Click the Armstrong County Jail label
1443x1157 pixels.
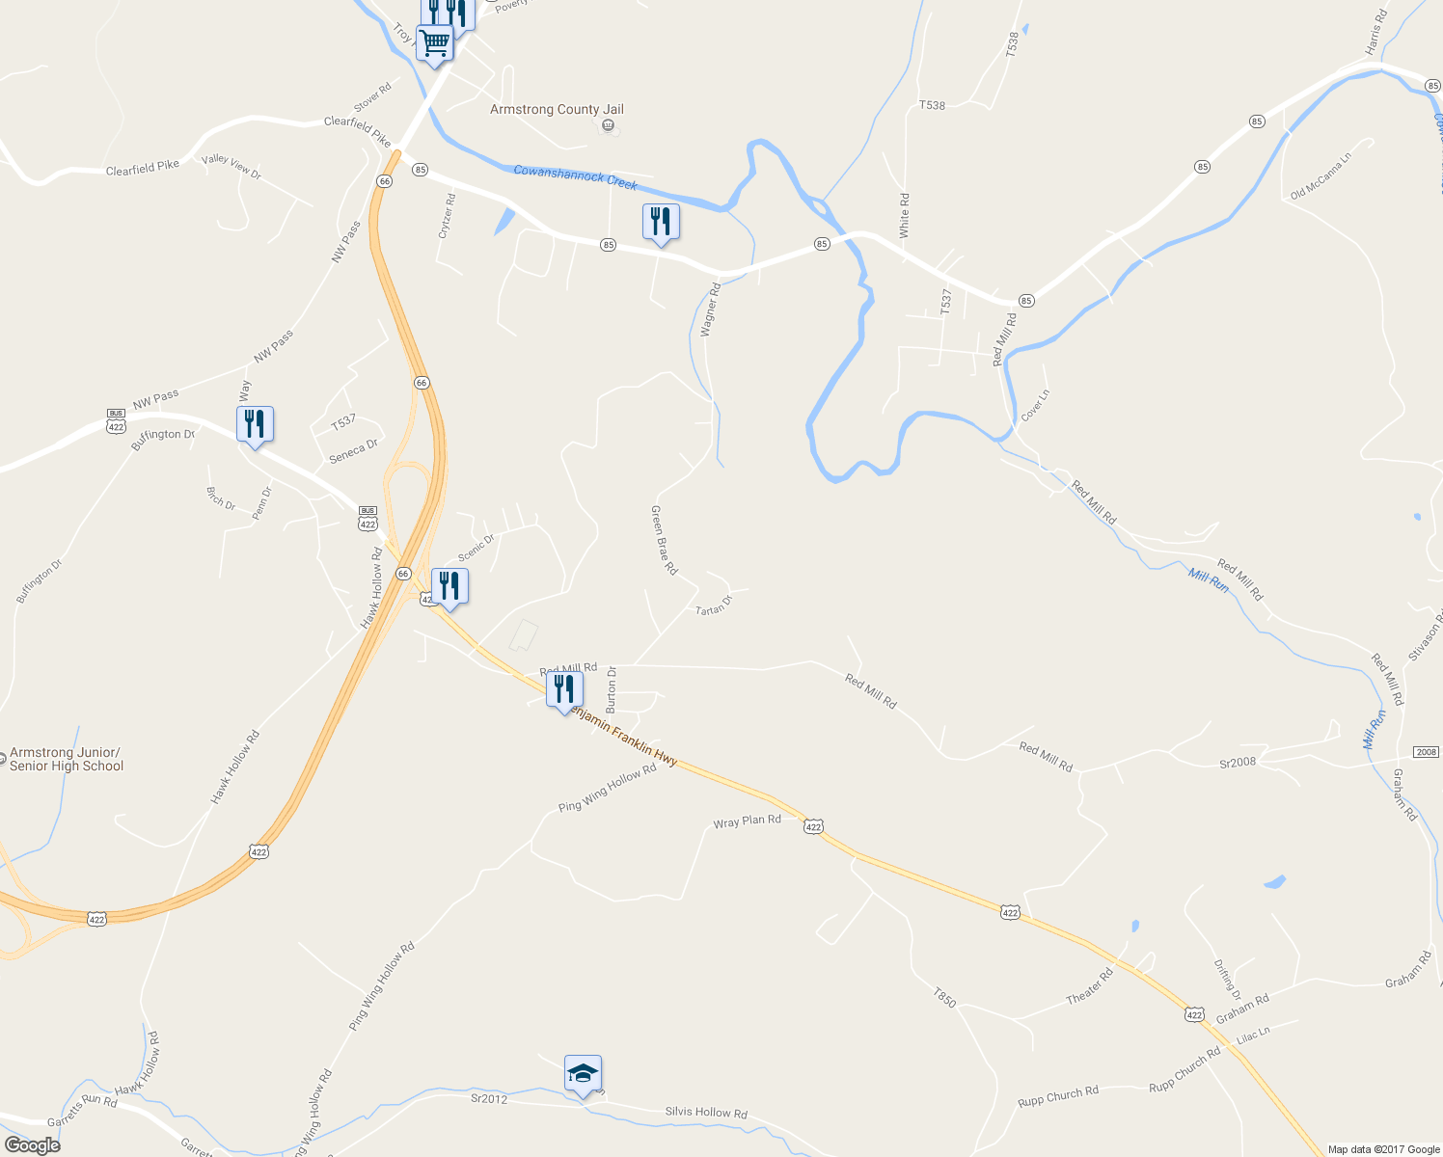tap(557, 110)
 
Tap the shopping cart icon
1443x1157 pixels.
tap(435, 43)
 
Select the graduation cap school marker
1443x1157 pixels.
tap(583, 1073)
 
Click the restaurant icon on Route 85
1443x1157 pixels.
tap(661, 222)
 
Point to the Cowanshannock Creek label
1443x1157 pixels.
tap(575, 176)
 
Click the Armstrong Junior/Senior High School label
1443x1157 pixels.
tap(67, 760)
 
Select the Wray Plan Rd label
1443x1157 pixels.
tap(747, 821)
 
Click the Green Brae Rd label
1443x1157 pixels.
tap(664, 540)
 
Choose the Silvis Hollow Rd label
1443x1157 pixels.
tap(706, 1113)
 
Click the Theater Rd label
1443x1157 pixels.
tap(1089, 986)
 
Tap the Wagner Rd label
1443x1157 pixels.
tap(710, 309)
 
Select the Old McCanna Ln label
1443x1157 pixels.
tap(1320, 175)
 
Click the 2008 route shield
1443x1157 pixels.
tap(1426, 752)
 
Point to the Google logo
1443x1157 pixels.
tap(33, 1145)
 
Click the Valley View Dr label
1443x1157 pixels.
tap(231, 166)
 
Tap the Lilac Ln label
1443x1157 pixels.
tap(1253, 1036)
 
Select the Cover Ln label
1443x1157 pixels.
tap(1035, 405)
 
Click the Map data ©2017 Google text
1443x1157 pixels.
tap(1383, 1149)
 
